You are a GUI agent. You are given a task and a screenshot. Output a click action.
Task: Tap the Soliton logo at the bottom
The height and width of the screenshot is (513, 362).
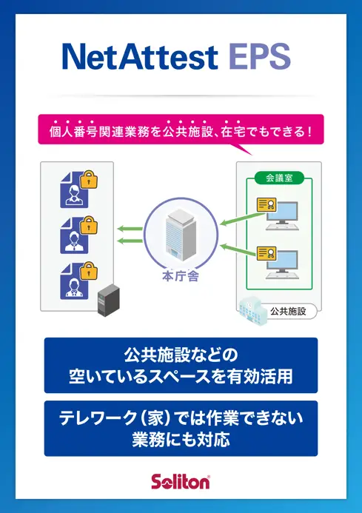(x=181, y=482)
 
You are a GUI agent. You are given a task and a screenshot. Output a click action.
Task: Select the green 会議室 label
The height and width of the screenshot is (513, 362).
(x=279, y=178)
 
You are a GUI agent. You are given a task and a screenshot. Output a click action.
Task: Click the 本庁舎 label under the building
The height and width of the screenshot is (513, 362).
(x=181, y=276)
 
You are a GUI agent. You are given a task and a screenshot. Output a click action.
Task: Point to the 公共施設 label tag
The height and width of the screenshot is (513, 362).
(x=289, y=311)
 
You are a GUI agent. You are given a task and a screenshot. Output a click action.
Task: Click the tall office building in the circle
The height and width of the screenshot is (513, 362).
(x=181, y=235)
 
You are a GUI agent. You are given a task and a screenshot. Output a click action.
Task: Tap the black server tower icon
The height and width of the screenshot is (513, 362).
(x=109, y=300)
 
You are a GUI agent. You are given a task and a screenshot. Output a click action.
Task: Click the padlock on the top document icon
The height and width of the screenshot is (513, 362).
(x=89, y=179)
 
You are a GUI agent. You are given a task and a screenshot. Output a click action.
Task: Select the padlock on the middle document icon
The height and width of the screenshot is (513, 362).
(x=89, y=225)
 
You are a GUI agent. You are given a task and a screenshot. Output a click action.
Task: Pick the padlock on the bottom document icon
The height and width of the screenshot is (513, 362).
(x=89, y=271)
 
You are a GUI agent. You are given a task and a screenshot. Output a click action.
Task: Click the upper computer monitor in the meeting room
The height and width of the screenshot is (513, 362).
(x=282, y=212)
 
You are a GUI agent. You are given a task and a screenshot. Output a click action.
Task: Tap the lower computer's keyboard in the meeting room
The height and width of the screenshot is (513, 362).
(x=282, y=275)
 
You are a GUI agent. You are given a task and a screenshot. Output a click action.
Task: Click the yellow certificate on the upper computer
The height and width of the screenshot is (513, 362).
(x=267, y=204)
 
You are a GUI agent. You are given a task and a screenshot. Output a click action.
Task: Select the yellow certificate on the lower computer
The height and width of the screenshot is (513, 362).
(x=267, y=254)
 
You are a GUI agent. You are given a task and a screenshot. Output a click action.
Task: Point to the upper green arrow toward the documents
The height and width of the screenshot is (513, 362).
(x=130, y=229)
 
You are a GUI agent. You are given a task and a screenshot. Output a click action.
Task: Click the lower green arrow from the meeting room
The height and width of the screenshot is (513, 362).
(x=238, y=250)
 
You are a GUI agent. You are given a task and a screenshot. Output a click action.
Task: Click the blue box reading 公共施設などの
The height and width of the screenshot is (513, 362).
(x=181, y=365)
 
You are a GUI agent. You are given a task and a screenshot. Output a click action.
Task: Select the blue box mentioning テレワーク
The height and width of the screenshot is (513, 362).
(x=181, y=429)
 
